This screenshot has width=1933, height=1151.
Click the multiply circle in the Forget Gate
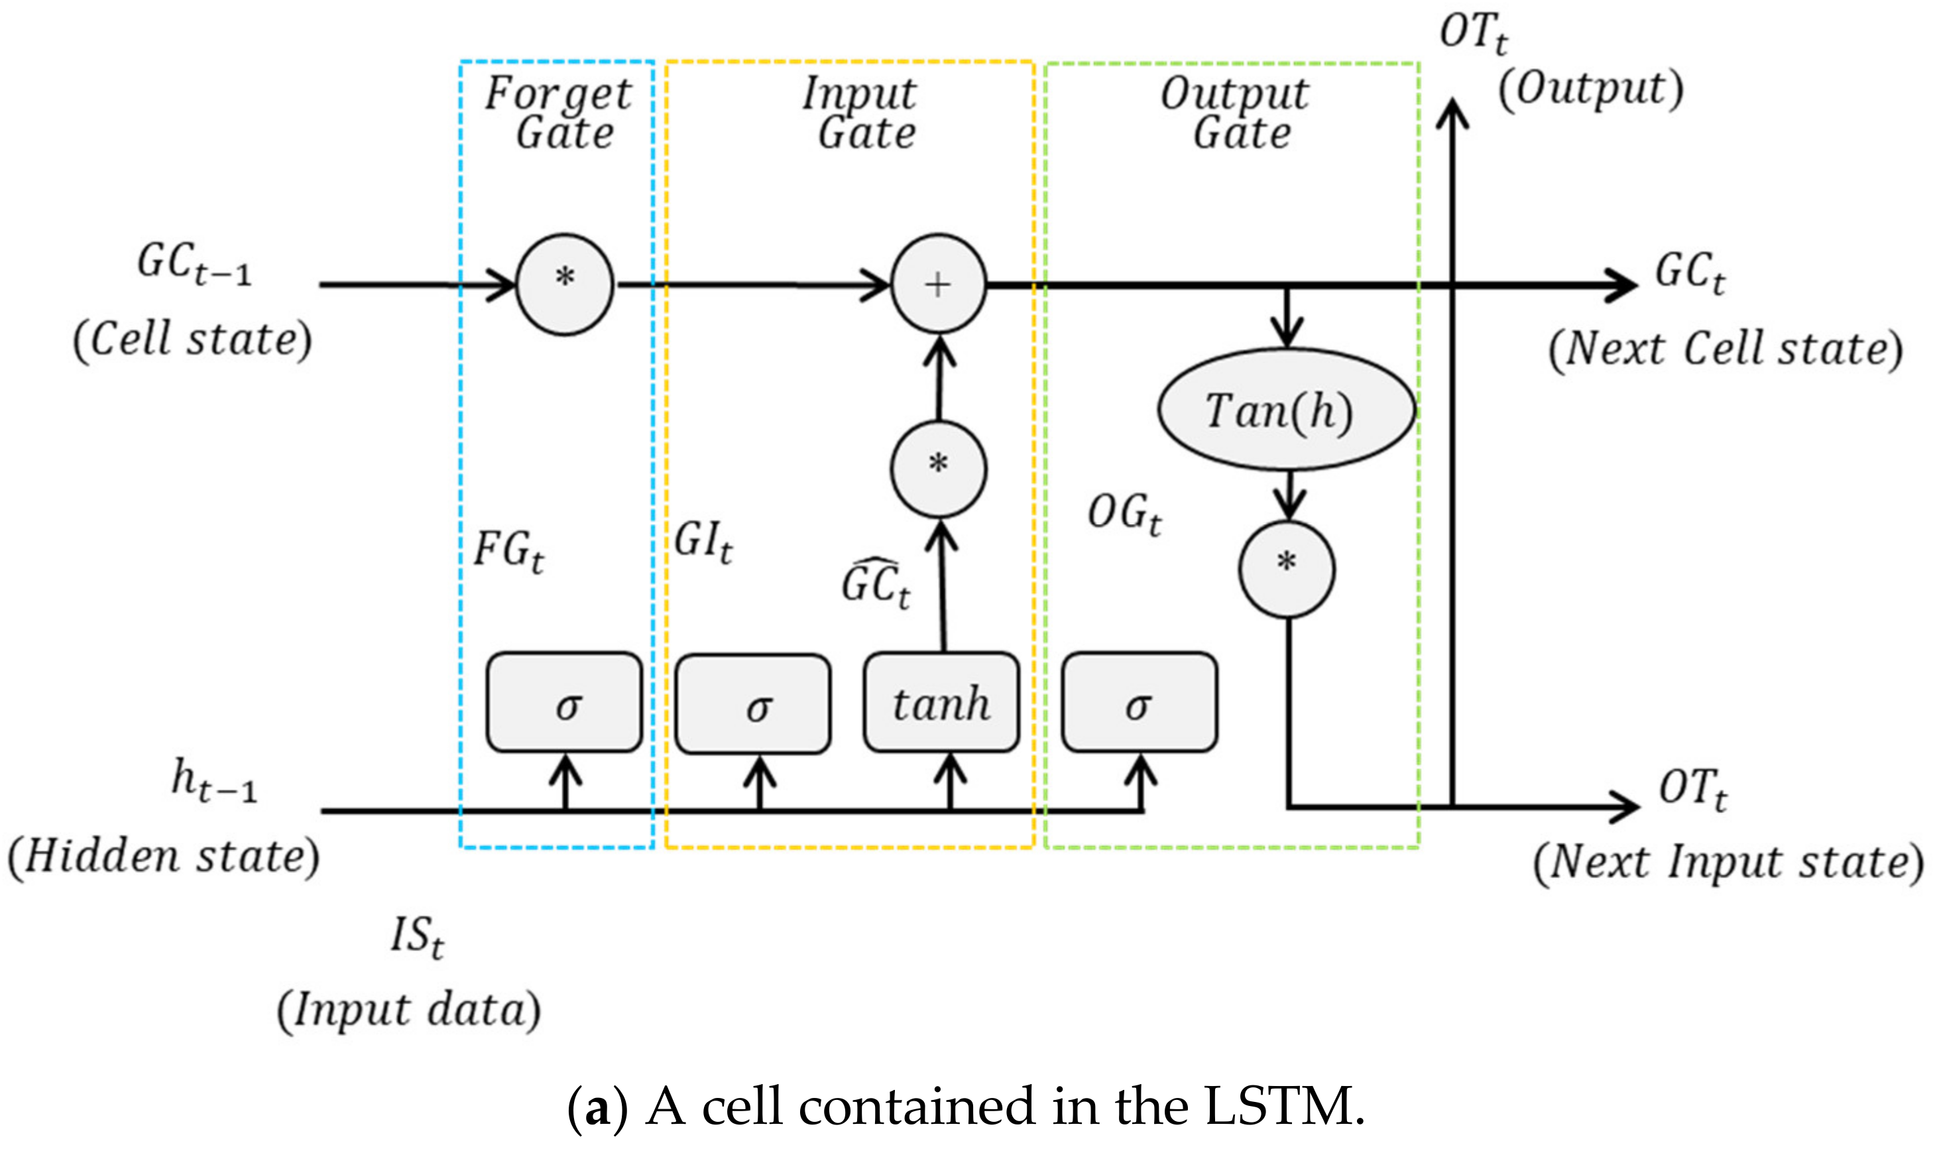(565, 284)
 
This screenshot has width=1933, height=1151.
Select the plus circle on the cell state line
(938, 284)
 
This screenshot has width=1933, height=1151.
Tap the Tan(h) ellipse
(1286, 408)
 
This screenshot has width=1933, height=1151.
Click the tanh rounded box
(941, 703)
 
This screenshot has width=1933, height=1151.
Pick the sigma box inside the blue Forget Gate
(565, 703)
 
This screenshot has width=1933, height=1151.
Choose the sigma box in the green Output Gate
(1139, 703)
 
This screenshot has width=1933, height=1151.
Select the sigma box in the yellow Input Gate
(753, 704)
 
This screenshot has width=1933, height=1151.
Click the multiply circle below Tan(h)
(1286, 570)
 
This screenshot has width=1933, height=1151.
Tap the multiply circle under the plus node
(938, 469)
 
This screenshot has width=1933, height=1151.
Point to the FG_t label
(508, 552)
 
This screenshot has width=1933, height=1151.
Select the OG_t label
(1124, 515)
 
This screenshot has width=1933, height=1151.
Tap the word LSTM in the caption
(1283, 1106)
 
